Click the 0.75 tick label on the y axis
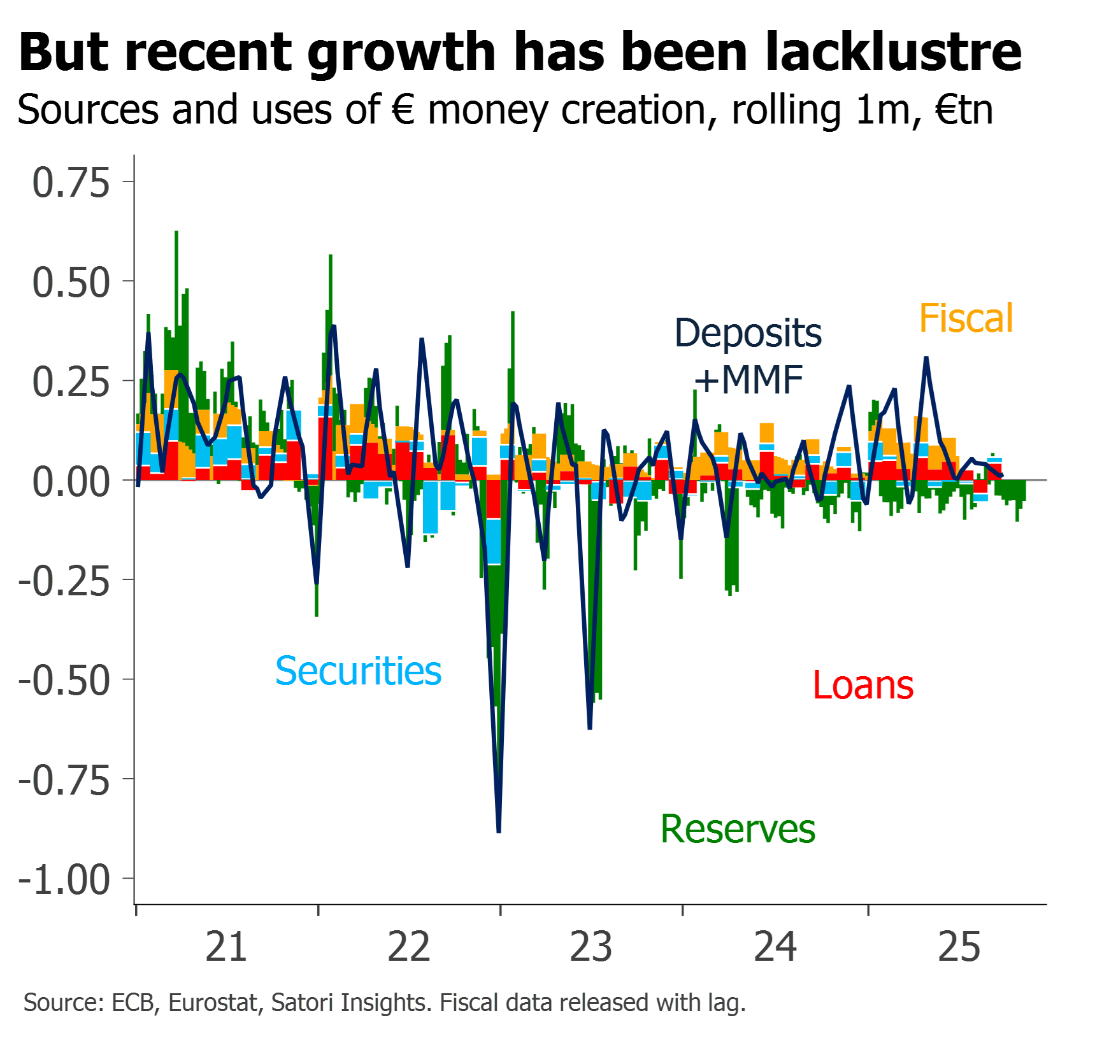(x=71, y=183)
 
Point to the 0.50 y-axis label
(x=71, y=282)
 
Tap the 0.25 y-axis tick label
(x=71, y=382)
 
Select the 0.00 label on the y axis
(x=71, y=481)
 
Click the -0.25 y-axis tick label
(x=64, y=581)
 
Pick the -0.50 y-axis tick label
(x=64, y=680)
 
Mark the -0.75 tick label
(x=64, y=780)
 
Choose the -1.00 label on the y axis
(x=64, y=879)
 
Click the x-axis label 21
(x=226, y=947)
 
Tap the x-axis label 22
(x=409, y=947)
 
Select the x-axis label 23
(x=591, y=947)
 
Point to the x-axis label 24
(x=775, y=947)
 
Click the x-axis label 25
(x=959, y=947)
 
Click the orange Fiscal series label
(x=966, y=318)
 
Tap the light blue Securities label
(x=359, y=671)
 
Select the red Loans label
(x=863, y=686)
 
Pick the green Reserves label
(x=738, y=829)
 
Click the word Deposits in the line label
(x=748, y=333)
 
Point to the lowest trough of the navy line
(x=499, y=830)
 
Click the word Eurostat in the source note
(x=213, y=1003)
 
